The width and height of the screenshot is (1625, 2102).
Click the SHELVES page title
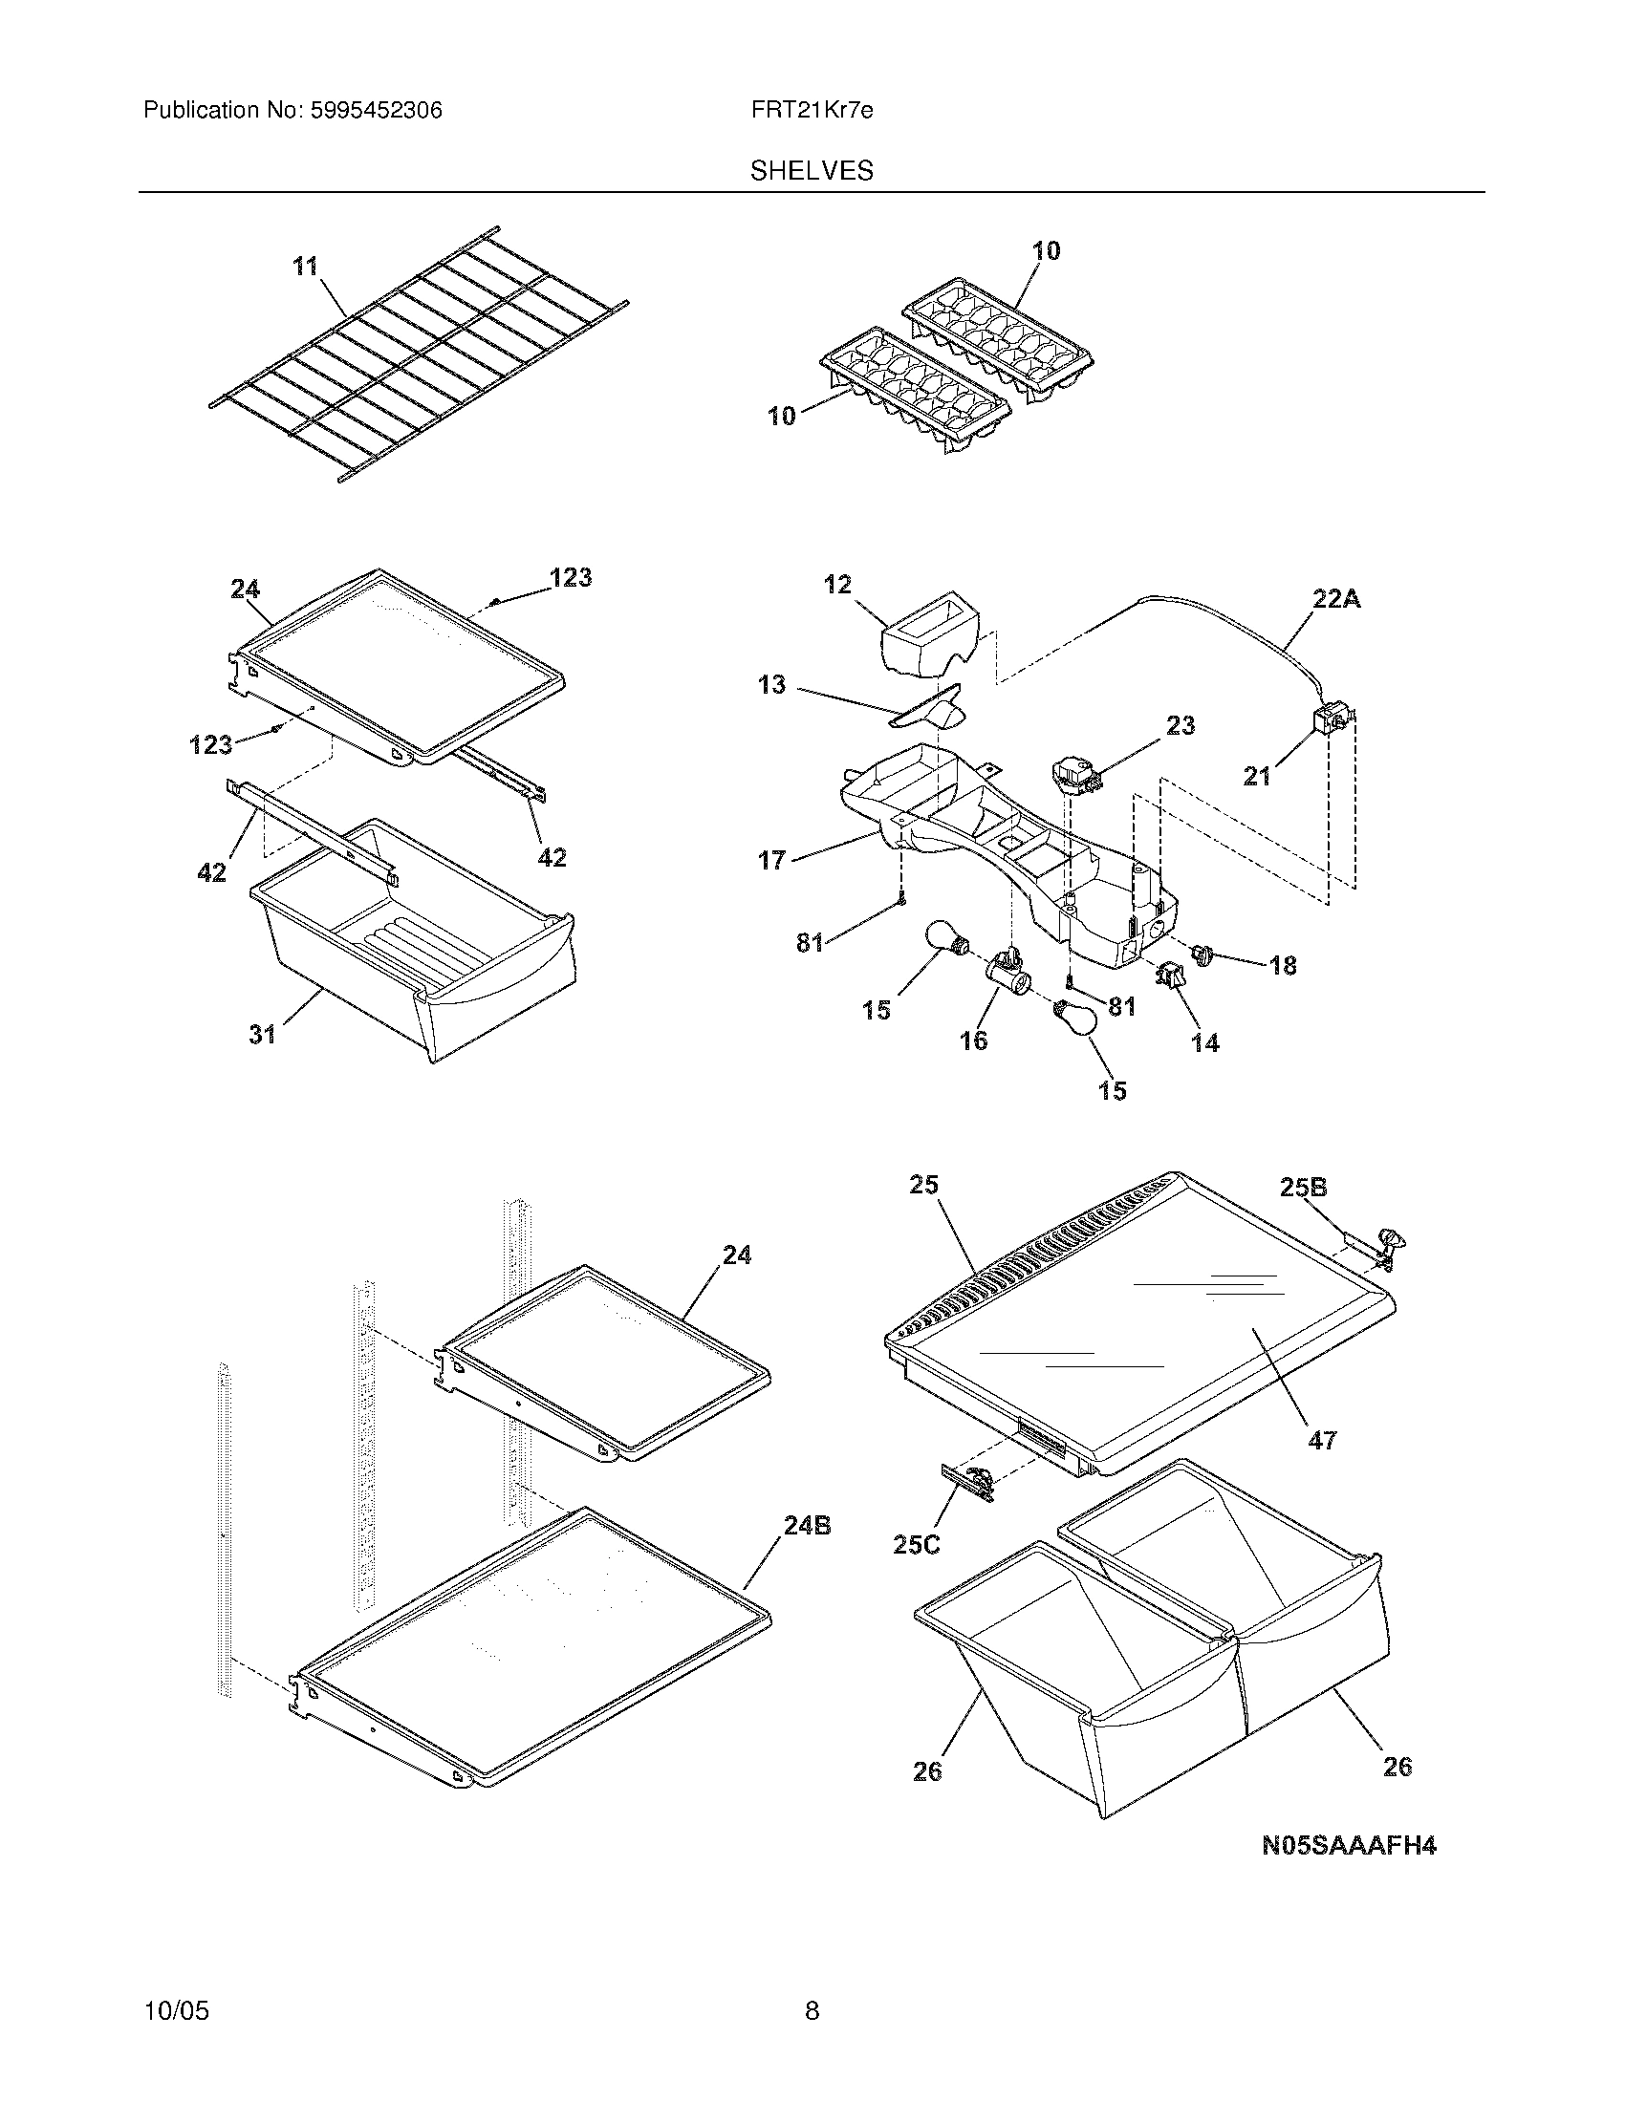[812, 171]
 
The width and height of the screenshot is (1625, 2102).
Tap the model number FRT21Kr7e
[812, 111]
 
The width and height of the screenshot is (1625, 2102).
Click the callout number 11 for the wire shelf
[306, 267]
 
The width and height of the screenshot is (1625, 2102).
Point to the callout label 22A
[1336, 599]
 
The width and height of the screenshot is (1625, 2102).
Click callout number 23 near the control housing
[1181, 725]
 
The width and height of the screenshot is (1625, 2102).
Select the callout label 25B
[1304, 1188]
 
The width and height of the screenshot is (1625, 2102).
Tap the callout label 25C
[916, 1545]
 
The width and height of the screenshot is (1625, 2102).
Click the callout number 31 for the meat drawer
[262, 1035]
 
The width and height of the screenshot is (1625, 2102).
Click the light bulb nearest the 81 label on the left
[944, 937]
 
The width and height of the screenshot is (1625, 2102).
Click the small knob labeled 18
[1202, 954]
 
